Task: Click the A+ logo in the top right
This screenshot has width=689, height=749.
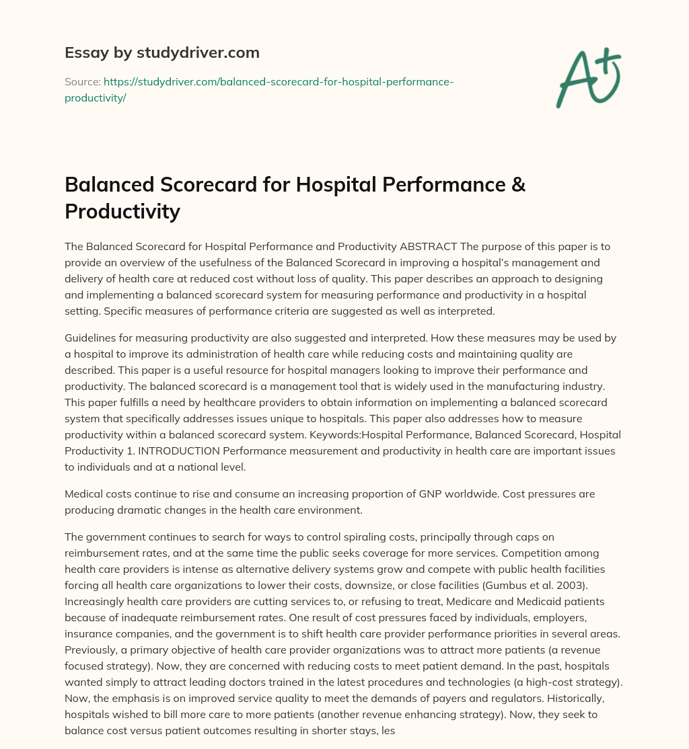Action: click(588, 77)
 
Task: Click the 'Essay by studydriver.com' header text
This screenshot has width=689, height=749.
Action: click(161, 52)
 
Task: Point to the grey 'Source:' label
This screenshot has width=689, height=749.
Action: click(82, 81)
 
